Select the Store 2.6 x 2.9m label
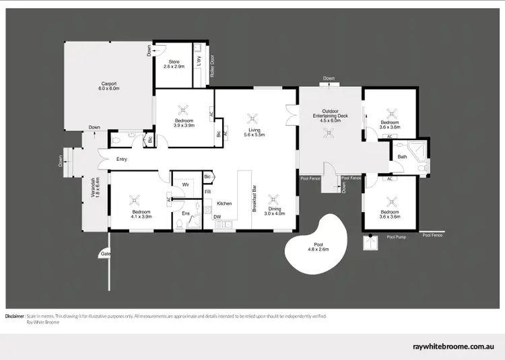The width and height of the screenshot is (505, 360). [174, 65]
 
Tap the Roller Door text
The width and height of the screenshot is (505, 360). [212, 66]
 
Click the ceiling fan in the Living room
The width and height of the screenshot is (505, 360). [252, 117]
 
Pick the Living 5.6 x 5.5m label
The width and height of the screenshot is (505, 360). [255, 132]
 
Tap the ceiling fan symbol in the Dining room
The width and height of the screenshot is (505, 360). [273, 199]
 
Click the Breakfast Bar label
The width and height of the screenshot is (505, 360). [254, 199]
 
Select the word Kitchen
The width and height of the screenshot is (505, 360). [224, 203]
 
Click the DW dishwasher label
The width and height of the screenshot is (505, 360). [217, 216]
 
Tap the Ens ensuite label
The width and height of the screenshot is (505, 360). [185, 213]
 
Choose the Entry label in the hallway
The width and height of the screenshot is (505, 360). [122, 159]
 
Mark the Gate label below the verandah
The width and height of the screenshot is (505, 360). [105, 254]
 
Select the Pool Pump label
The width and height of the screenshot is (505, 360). [396, 237]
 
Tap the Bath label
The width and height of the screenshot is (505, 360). [403, 157]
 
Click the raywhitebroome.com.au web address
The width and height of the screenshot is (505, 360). [454, 347]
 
